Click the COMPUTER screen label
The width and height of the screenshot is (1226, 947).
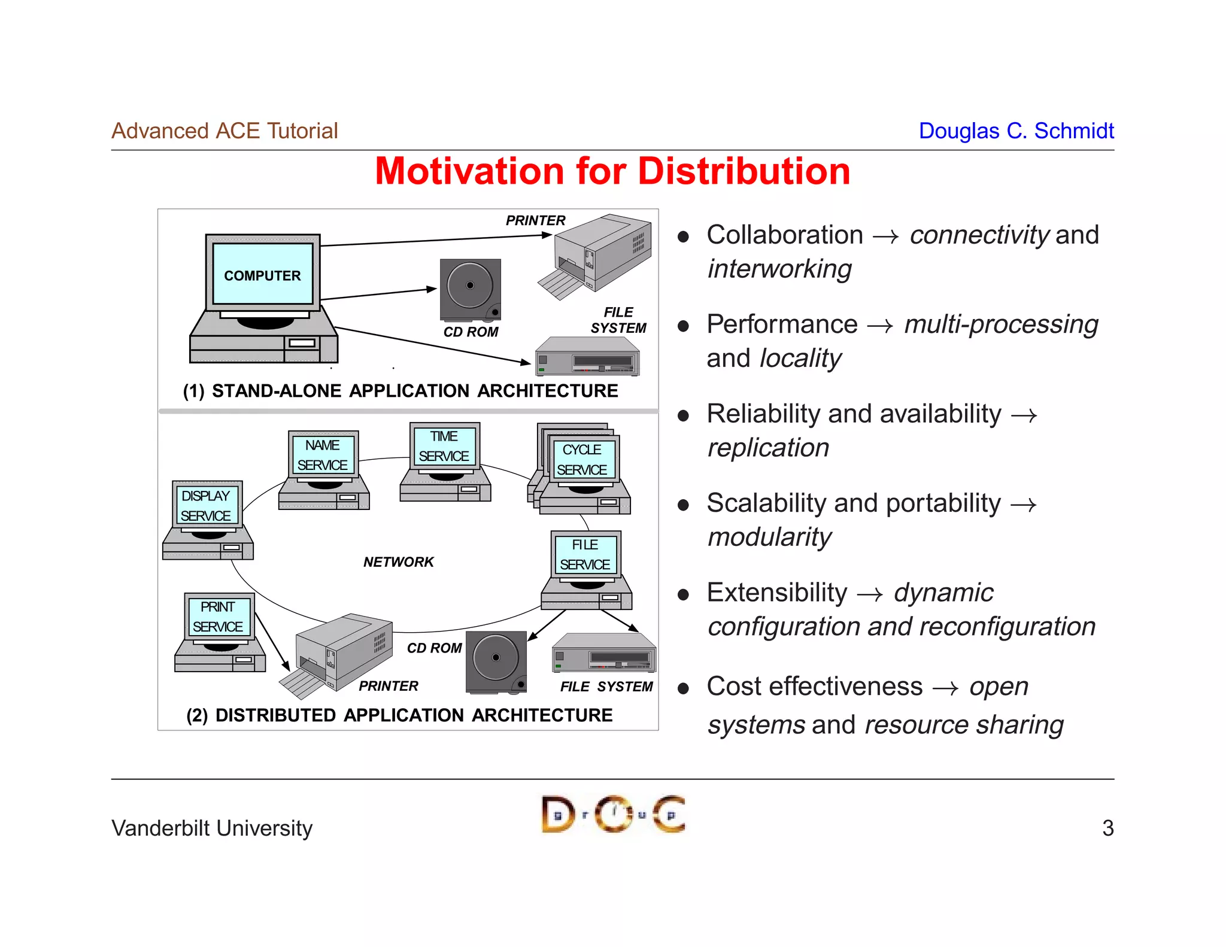(x=262, y=275)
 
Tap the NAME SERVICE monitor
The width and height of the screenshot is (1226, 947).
(x=323, y=455)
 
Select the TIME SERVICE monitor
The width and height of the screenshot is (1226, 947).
(x=444, y=446)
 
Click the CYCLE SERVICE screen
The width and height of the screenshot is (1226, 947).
(x=582, y=460)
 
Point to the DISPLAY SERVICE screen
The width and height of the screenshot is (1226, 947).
(x=206, y=505)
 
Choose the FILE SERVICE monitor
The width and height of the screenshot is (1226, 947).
(x=585, y=554)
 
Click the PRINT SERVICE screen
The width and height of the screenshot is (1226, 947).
(x=218, y=617)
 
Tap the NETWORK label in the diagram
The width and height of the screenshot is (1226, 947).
(x=398, y=562)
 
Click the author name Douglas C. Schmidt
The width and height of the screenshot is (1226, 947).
(x=1016, y=130)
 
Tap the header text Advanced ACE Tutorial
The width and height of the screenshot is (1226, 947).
(x=224, y=130)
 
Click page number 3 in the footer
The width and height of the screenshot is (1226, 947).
(x=1107, y=828)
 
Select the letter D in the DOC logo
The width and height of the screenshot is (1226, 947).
(x=557, y=814)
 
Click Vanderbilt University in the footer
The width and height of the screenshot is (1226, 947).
(x=212, y=828)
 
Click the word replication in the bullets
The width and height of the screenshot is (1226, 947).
(x=768, y=448)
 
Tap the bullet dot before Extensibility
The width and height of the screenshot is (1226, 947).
(x=683, y=595)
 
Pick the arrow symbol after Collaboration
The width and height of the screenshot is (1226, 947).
(x=885, y=237)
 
